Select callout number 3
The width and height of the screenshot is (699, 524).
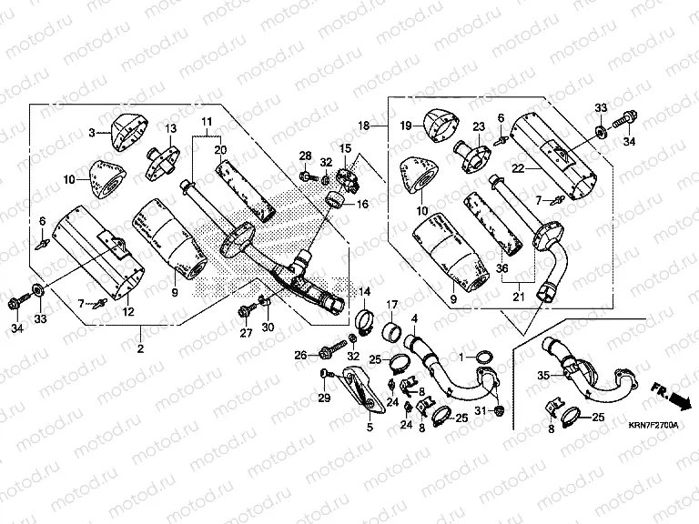(x=92, y=133)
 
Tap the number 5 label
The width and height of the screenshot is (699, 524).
(x=370, y=426)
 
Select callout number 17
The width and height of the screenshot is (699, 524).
(x=393, y=304)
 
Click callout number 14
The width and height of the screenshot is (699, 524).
(x=364, y=292)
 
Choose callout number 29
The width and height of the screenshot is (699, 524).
(x=323, y=398)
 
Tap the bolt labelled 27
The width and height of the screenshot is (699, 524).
(x=245, y=311)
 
